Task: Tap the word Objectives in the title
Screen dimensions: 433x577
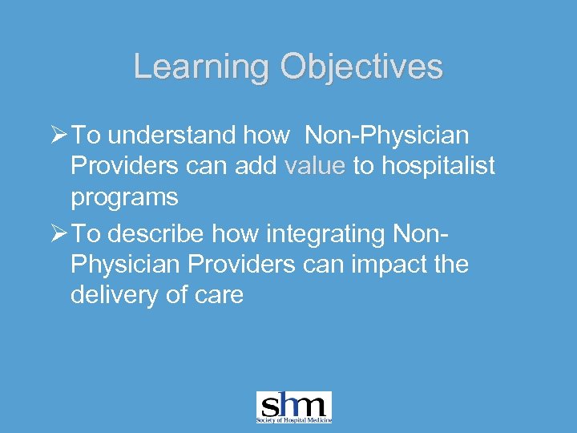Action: click(361, 67)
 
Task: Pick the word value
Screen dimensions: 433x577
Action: click(315, 167)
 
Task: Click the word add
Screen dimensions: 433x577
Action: click(255, 167)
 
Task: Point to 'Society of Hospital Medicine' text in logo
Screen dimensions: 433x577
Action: click(293, 419)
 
